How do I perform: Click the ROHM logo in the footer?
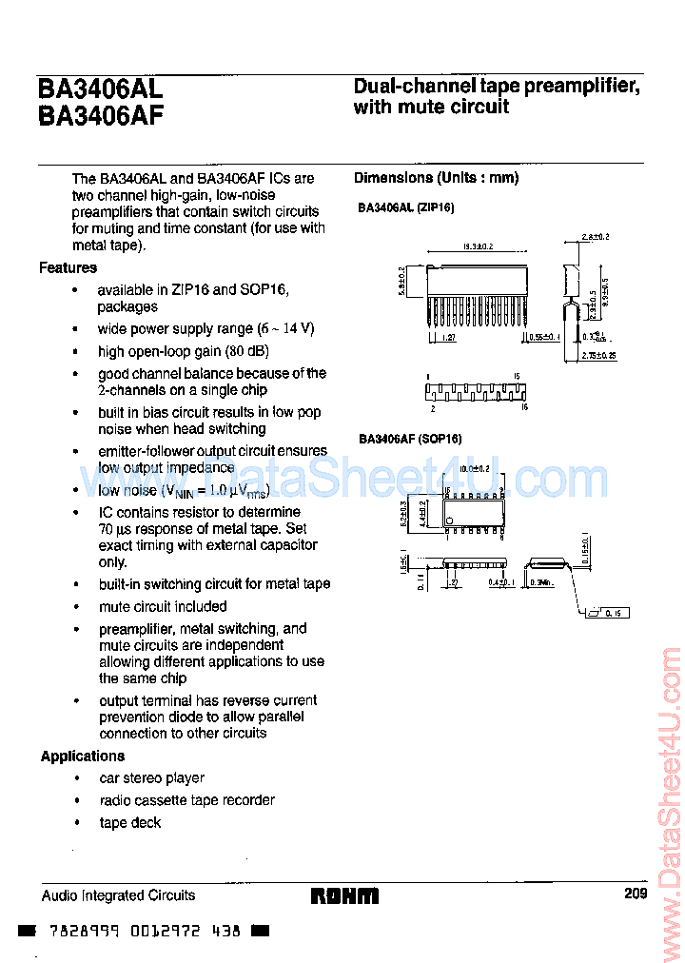343,895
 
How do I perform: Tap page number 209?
636,894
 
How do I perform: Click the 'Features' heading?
68,267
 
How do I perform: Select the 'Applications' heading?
83,756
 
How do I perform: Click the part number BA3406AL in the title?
101,88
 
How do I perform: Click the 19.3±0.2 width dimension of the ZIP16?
477,246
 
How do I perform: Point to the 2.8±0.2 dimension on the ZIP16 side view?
596,235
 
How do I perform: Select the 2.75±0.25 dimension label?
597,355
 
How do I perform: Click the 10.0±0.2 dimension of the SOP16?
474,468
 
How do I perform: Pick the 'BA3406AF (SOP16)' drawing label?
410,439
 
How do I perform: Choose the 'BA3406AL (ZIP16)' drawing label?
406,206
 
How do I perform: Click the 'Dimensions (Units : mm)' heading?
437,178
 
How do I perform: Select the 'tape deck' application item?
130,822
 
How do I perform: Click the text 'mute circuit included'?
163,606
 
